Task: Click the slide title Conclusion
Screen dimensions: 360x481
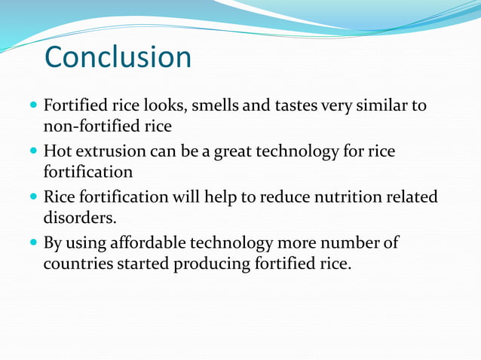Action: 118,57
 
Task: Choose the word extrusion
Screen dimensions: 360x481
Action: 111,152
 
